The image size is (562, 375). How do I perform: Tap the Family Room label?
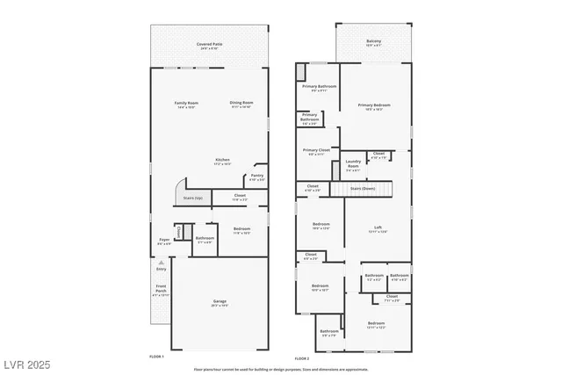(x=186, y=104)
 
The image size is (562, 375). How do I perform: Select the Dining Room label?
(x=241, y=104)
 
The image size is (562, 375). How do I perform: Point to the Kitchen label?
(x=222, y=160)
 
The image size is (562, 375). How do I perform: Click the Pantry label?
(x=256, y=176)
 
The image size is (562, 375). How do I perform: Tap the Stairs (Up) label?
(x=193, y=198)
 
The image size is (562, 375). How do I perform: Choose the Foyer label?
(x=163, y=240)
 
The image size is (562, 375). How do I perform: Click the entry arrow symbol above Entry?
(x=161, y=261)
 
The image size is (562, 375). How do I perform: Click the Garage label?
(x=220, y=302)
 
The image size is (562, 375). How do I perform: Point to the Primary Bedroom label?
(x=374, y=105)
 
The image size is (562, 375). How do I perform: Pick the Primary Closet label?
(x=316, y=150)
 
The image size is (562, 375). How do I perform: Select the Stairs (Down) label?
(x=363, y=188)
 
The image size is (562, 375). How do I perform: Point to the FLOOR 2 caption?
(x=301, y=358)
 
